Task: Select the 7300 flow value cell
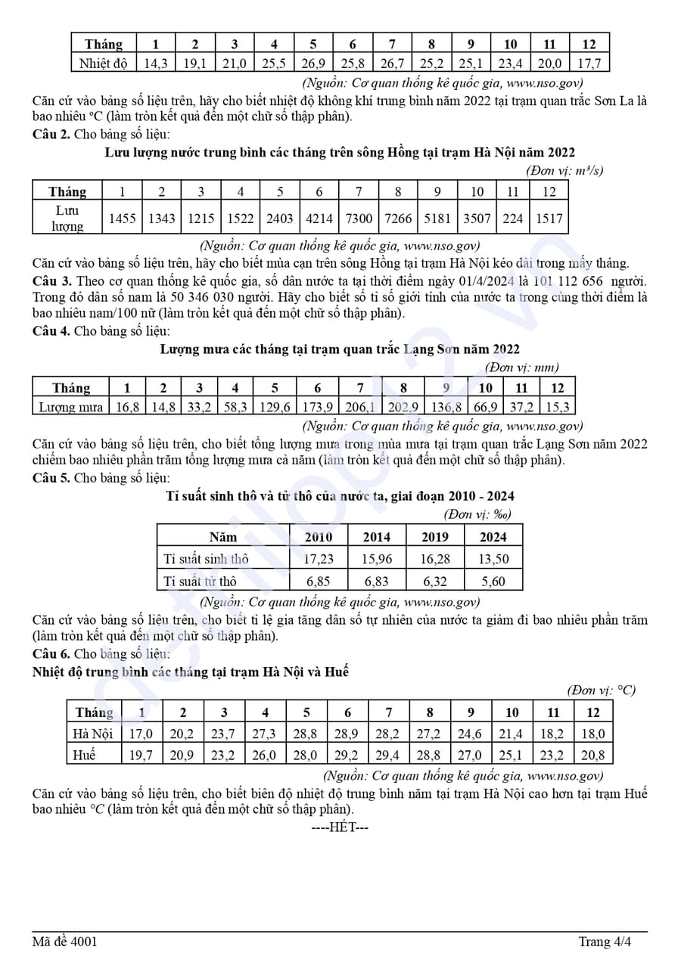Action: click(359, 219)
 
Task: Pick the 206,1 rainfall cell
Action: click(360, 408)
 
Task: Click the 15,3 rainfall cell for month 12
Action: click(557, 408)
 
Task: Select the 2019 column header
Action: click(435, 537)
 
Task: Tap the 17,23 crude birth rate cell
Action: click(319, 560)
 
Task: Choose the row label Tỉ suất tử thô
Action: click(201, 582)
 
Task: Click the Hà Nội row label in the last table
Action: click(92, 734)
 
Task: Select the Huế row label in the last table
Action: click(85, 755)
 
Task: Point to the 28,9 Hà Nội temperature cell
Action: click(347, 734)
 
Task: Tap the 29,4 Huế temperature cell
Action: click(389, 755)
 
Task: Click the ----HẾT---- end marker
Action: click(340, 827)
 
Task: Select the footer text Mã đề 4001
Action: click(64, 942)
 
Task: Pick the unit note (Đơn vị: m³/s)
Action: click(564, 171)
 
